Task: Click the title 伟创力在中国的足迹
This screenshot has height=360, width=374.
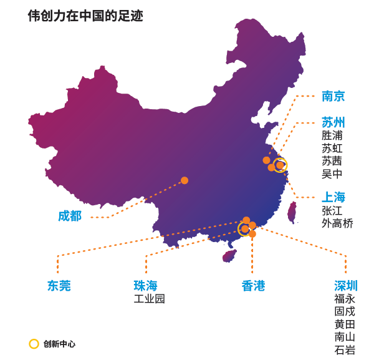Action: coord(85,16)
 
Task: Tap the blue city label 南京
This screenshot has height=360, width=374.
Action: coord(333,96)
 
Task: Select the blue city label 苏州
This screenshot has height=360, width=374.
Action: coord(333,122)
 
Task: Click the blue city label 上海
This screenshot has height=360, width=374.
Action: coord(333,198)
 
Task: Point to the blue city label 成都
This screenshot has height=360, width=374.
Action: coord(70,216)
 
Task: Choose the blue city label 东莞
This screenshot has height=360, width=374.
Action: coord(59,286)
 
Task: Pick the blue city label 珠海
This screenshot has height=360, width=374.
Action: coord(145,286)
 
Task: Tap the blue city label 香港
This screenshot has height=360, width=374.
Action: coord(253,286)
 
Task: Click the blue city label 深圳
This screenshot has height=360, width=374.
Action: coord(346,286)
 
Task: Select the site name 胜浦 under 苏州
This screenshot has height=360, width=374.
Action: coord(332,135)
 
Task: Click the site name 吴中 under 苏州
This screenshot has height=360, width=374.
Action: coord(332,174)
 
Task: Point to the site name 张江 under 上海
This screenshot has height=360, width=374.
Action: coord(332,211)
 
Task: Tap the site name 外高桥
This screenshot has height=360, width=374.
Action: coord(337,223)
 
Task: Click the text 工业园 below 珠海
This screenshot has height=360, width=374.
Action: coord(150,299)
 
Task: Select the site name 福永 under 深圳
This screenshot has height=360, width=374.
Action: coord(345,299)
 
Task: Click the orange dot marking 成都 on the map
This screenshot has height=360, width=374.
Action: coord(185,180)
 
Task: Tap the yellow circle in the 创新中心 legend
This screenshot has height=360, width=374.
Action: coord(34,344)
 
